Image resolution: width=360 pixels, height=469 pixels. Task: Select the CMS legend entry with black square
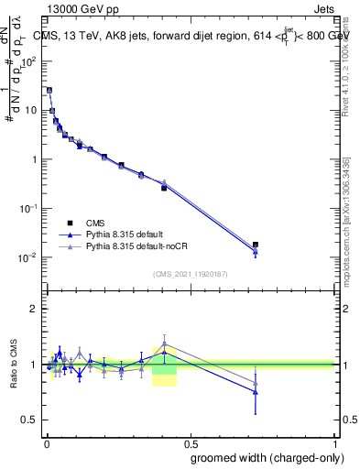pyautogui.click(x=91, y=223)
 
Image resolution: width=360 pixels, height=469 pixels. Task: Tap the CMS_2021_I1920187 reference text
pyautogui.click(x=190, y=273)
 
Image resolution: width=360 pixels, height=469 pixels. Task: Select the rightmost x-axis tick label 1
pyautogui.click(x=333, y=441)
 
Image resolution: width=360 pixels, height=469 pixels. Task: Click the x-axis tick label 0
pyautogui.click(x=47, y=441)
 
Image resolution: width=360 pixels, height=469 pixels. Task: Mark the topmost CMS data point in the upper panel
pyautogui.click(x=49, y=91)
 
